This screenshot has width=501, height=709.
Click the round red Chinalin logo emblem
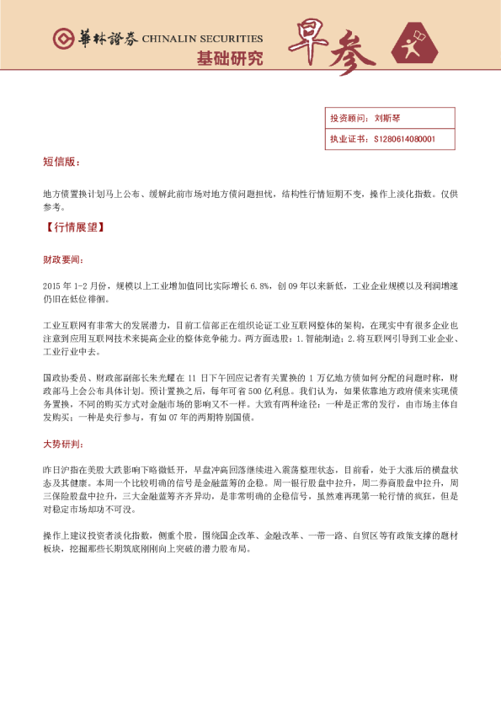click(x=61, y=39)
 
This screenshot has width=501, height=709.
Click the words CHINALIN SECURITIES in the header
click(x=202, y=39)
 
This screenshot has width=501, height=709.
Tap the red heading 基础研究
click(x=229, y=59)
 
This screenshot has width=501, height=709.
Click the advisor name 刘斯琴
click(x=388, y=118)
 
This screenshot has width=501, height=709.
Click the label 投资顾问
click(x=345, y=118)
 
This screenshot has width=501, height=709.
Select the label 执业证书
click(x=345, y=138)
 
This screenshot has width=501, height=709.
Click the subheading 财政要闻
click(x=62, y=260)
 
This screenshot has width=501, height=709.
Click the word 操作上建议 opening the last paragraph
click(x=63, y=536)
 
